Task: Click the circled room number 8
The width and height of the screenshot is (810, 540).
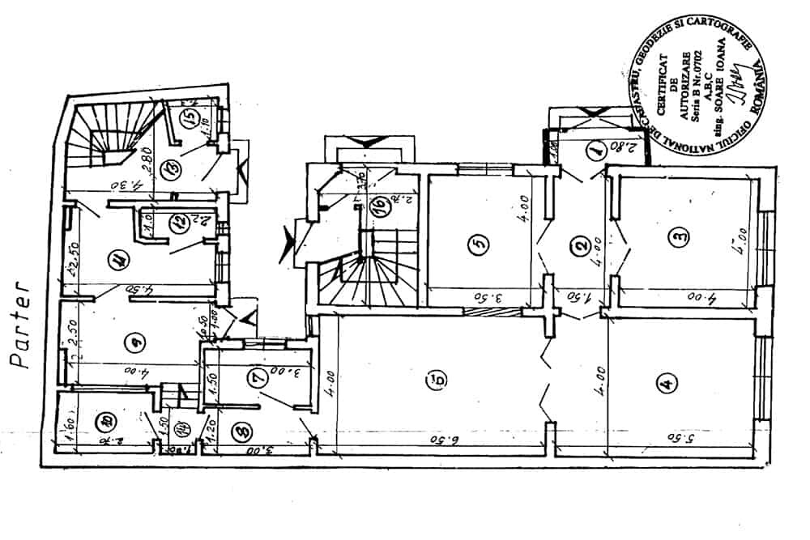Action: (x=239, y=433)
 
